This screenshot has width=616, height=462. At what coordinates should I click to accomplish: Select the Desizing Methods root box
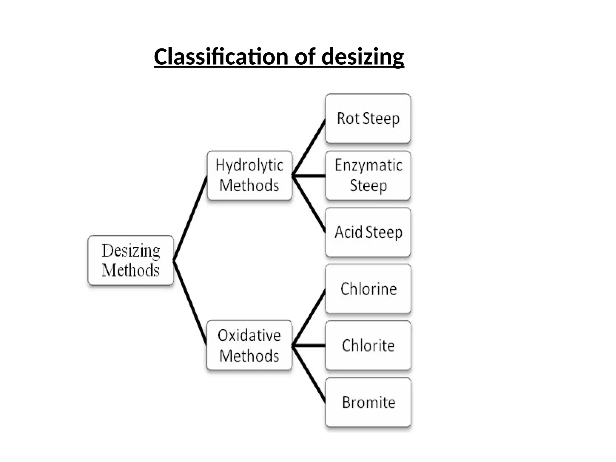click(x=131, y=260)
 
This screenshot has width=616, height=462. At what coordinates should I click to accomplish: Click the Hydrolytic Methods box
click(x=249, y=175)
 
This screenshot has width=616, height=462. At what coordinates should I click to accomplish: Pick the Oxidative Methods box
click(x=249, y=345)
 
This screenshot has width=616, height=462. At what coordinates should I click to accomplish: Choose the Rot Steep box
click(x=368, y=118)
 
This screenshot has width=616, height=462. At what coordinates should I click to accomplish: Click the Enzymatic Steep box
click(x=368, y=175)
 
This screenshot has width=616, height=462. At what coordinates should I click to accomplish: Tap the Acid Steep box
click(x=368, y=232)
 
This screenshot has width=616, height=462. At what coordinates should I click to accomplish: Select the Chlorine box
click(x=368, y=289)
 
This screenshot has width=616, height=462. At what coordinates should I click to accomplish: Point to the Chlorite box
click(x=368, y=345)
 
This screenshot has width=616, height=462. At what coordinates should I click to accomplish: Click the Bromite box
click(x=368, y=402)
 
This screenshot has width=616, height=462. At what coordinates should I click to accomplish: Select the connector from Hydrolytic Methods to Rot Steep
click(x=309, y=147)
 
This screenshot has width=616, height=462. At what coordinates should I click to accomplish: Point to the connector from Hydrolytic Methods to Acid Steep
click(x=309, y=204)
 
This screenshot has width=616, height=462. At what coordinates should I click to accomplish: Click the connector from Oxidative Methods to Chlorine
click(x=309, y=318)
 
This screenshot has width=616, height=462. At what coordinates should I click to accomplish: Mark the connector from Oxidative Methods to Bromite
click(x=309, y=374)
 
